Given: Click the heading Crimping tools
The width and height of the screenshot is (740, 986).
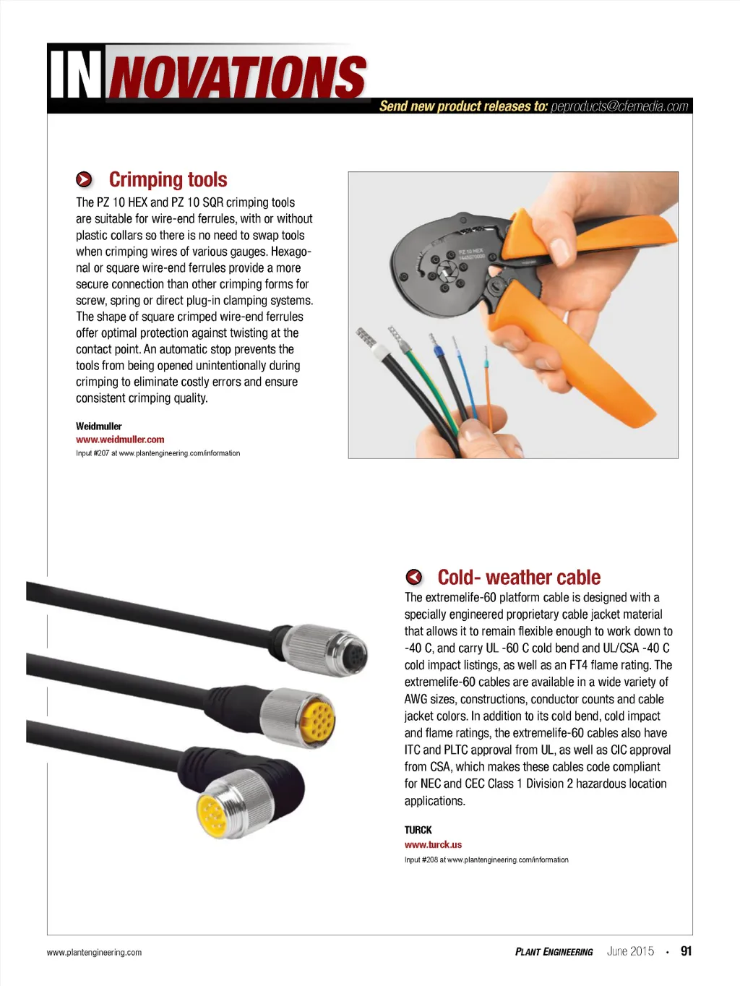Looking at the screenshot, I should [x=168, y=179].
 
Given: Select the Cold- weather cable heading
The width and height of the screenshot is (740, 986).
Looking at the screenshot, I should [x=519, y=578].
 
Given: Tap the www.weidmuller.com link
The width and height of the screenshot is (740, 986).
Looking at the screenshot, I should [x=120, y=440].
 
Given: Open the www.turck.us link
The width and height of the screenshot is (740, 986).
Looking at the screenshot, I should [x=433, y=844].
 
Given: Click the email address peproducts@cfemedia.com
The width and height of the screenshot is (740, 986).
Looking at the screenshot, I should [x=619, y=106].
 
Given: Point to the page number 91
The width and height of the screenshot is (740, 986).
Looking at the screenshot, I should [x=686, y=951].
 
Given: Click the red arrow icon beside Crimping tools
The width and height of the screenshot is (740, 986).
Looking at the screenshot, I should [x=85, y=179].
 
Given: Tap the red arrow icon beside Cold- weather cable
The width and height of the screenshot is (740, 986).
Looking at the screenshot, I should [x=414, y=577].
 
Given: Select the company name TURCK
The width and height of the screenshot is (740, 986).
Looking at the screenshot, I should [x=418, y=830].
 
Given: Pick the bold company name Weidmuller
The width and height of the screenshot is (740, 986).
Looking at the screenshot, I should [x=99, y=426].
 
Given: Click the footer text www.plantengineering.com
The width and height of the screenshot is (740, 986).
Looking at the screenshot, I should [x=94, y=953].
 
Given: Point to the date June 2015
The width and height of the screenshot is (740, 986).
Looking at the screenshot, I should [x=630, y=951].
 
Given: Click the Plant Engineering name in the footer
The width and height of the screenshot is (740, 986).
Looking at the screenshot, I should [x=554, y=952].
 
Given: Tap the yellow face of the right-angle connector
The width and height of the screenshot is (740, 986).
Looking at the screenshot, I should [x=215, y=813].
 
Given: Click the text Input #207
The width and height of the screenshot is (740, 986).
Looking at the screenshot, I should [x=92, y=453].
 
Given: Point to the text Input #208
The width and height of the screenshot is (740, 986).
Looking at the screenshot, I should [x=421, y=860].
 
